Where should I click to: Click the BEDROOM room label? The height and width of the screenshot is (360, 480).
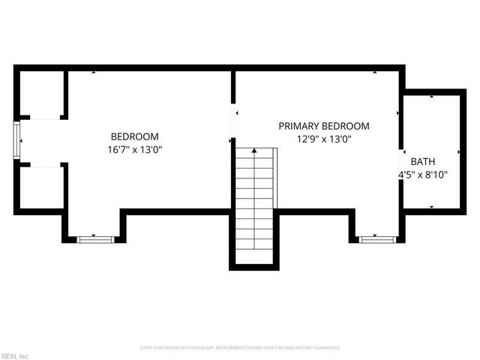pyautogui.click(x=135, y=136)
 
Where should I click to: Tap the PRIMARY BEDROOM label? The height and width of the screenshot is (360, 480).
pyautogui.click(x=324, y=126)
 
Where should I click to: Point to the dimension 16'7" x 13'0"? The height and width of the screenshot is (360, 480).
pyautogui.click(x=135, y=149)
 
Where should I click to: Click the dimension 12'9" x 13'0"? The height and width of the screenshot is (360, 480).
pyautogui.click(x=324, y=139)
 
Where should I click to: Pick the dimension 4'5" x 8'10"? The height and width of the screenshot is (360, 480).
pyautogui.click(x=422, y=174)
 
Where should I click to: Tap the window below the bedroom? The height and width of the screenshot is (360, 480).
pyautogui.click(x=95, y=239)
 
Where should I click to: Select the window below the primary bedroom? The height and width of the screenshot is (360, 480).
pyautogui.click(x=376, y=239)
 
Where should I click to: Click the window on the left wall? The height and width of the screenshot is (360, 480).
pyautogui.click(x=17, y=141)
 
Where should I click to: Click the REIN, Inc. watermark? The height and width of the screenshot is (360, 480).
pyautogui.click(x=15, y=355)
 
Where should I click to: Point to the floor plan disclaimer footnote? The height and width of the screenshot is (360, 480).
pyautogui.click(x=240, y=348)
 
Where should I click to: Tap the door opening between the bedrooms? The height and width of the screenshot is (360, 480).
pyautogui.click(x=233, y=124)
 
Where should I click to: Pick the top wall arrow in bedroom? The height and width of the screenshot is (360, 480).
pyautogui.click(x=94, y=73)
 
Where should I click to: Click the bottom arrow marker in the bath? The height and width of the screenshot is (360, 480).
pyautogui.click(x=431, y=206)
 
